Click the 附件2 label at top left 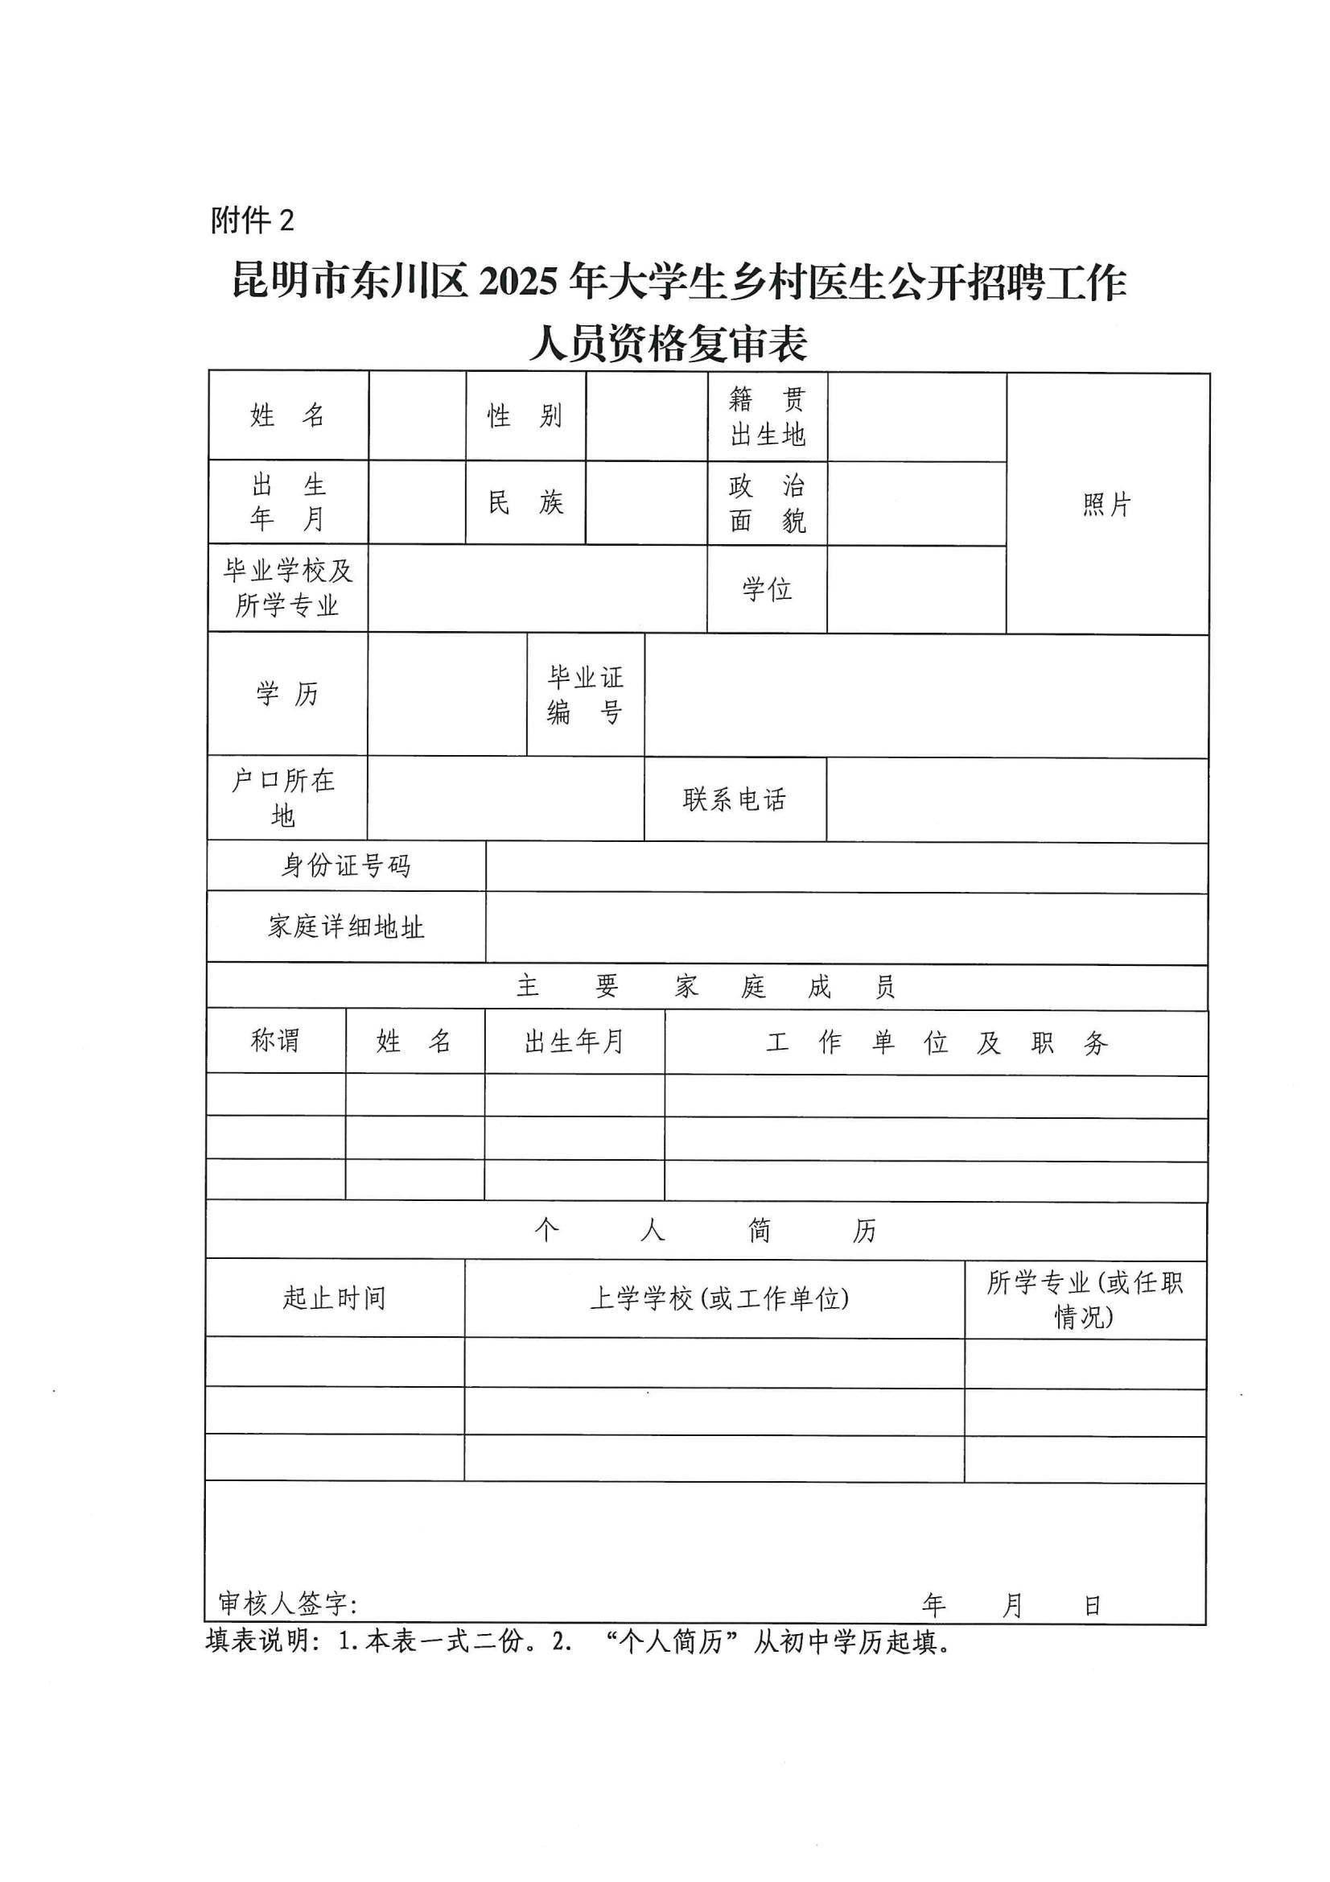(x=252, y=220)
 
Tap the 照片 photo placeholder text (x=1106, y=504)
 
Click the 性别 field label (x=525, y=415)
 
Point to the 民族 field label (x=525, y=502)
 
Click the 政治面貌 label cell (x=767, y=503)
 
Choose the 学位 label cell (x=766, y=588)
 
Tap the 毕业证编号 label (x=585, y=694)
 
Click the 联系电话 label (x=735, y=799)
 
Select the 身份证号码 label (x=346, y=865)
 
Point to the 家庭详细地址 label (x=346, y=927)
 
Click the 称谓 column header (x=275, y=1041)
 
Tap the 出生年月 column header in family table (x=574, y=1042)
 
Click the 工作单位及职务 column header (x=936, y=1042)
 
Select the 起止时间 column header (x=335, y=1298)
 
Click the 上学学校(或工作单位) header (x=719, y=1298)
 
